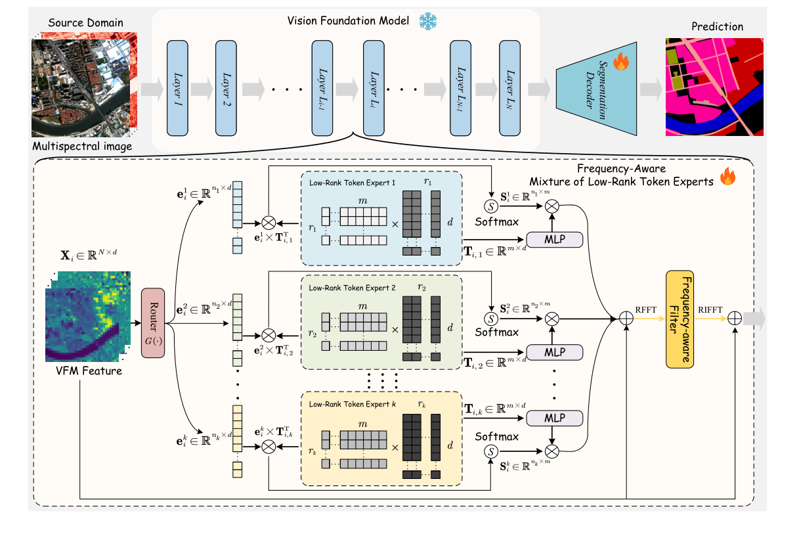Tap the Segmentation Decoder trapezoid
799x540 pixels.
pyautogui.click(x=596, y=89)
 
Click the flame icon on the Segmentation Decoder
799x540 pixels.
pyautogui.click(x=620, y=63)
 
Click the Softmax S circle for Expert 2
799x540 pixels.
pyautogui.click(x=491, y=319)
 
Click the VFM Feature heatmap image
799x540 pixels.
pyautogui.click(x=87, y=316)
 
